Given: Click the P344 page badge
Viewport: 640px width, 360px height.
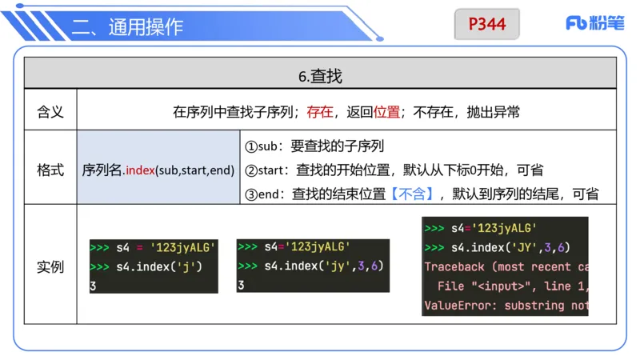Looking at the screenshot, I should pyautogui.click(x=486, y=24).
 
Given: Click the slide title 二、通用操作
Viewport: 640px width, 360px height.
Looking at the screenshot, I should pyautogui.click(x=127, y=27).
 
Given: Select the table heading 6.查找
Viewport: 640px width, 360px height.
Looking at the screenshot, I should pyautogui.click(x=320, y=77).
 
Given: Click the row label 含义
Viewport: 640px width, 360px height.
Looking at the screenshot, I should pyautogui.click(x=50, y=112).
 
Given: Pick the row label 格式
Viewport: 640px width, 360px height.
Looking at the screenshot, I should pyautogui.click(x=50, y=170).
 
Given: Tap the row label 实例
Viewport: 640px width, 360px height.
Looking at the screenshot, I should pyautogui.click(x=50, y=266).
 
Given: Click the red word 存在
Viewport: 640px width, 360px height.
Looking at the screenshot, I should pyautogui.click(x=320, y=112).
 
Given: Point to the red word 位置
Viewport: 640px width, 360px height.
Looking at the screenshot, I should pyautogui.click(x=386, y=112).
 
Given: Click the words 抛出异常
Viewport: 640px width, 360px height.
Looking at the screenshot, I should pyautogui.click(x=493, y=112).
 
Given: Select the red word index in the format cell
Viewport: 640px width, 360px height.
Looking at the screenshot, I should pyautogui.click(x=140, y=170).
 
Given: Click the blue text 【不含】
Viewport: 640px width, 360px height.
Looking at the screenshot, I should pyautogui.click(x=410, y=193).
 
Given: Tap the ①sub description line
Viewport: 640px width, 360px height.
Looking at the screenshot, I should pyautogui.click(x=314, y=147).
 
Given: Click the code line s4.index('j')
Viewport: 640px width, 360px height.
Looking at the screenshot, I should pyautogui.click(x=158, y=266).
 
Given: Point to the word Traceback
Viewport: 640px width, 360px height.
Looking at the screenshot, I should pyautogui.click(x=454, y=267).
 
